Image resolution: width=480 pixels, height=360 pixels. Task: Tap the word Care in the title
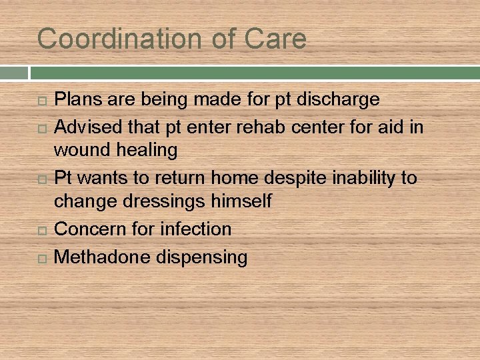point(275,39)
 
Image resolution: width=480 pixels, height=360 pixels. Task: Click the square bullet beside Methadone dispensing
point(43,258)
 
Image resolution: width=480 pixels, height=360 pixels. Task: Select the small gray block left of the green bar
point(13,73)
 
